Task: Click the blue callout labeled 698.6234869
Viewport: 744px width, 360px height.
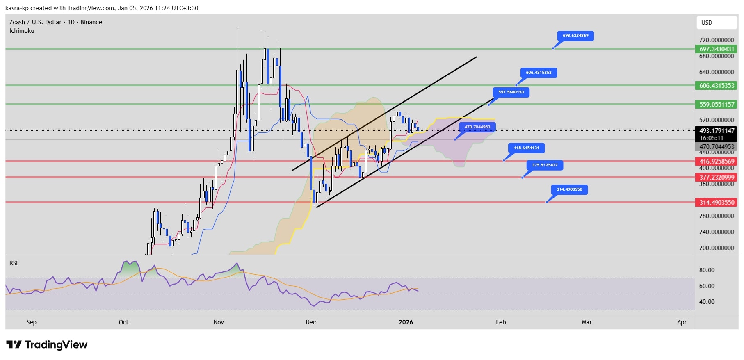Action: [575, 36]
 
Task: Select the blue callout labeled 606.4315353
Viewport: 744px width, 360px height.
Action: [539, 73]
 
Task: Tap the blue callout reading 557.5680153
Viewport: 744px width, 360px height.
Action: [511, 92]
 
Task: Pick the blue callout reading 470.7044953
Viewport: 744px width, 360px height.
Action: [477, 127]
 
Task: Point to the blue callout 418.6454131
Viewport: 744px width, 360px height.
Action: [526, 148]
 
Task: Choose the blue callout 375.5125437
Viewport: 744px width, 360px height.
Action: [545, 165]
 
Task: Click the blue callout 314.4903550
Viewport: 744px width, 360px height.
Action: [569, 189]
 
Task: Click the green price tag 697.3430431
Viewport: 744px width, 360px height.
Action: [717, 49]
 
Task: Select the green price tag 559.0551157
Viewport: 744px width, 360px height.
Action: [717, 105]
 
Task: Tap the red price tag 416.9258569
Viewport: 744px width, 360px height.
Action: [717, 162]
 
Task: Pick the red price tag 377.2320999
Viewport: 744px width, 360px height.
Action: [717, 178]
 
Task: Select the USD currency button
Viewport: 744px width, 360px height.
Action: [716, 23]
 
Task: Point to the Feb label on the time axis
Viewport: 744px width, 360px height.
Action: [501, 322]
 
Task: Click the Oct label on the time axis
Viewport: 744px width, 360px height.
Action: [123, 322]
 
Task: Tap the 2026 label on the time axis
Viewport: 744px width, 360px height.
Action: [406, 322]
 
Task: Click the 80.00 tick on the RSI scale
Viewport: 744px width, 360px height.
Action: [707, 270]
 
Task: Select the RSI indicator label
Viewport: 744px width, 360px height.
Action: [14, 263]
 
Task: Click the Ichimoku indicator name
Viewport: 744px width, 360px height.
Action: [22, 31]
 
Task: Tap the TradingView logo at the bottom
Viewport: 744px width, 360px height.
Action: [47, 345]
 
